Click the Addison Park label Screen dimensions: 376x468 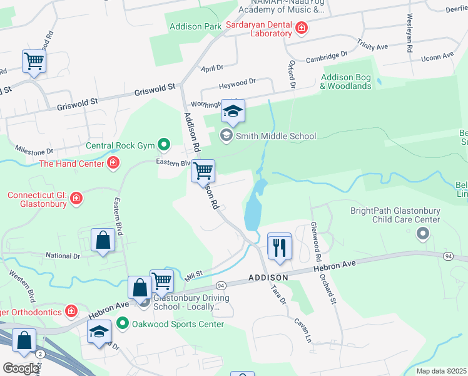[x=195, y=26]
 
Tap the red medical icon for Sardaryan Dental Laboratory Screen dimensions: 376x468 [x=302, y=28]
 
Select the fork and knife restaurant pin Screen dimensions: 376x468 [x=279, y=246]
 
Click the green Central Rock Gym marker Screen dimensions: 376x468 [x=164, y=146]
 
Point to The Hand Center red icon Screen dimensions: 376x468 [x=113, y=164]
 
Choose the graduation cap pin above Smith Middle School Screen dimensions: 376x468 [x=233, y=112]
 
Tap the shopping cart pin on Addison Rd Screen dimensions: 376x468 [x=203, y=170]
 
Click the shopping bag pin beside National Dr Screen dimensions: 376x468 [x=102, y=241]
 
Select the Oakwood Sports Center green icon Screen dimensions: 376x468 [x=123, y=324]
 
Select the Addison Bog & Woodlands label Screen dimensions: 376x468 [x=346, y=81]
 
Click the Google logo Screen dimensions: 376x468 [x=21, y=368]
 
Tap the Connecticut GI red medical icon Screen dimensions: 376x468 [x=76, y=199]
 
